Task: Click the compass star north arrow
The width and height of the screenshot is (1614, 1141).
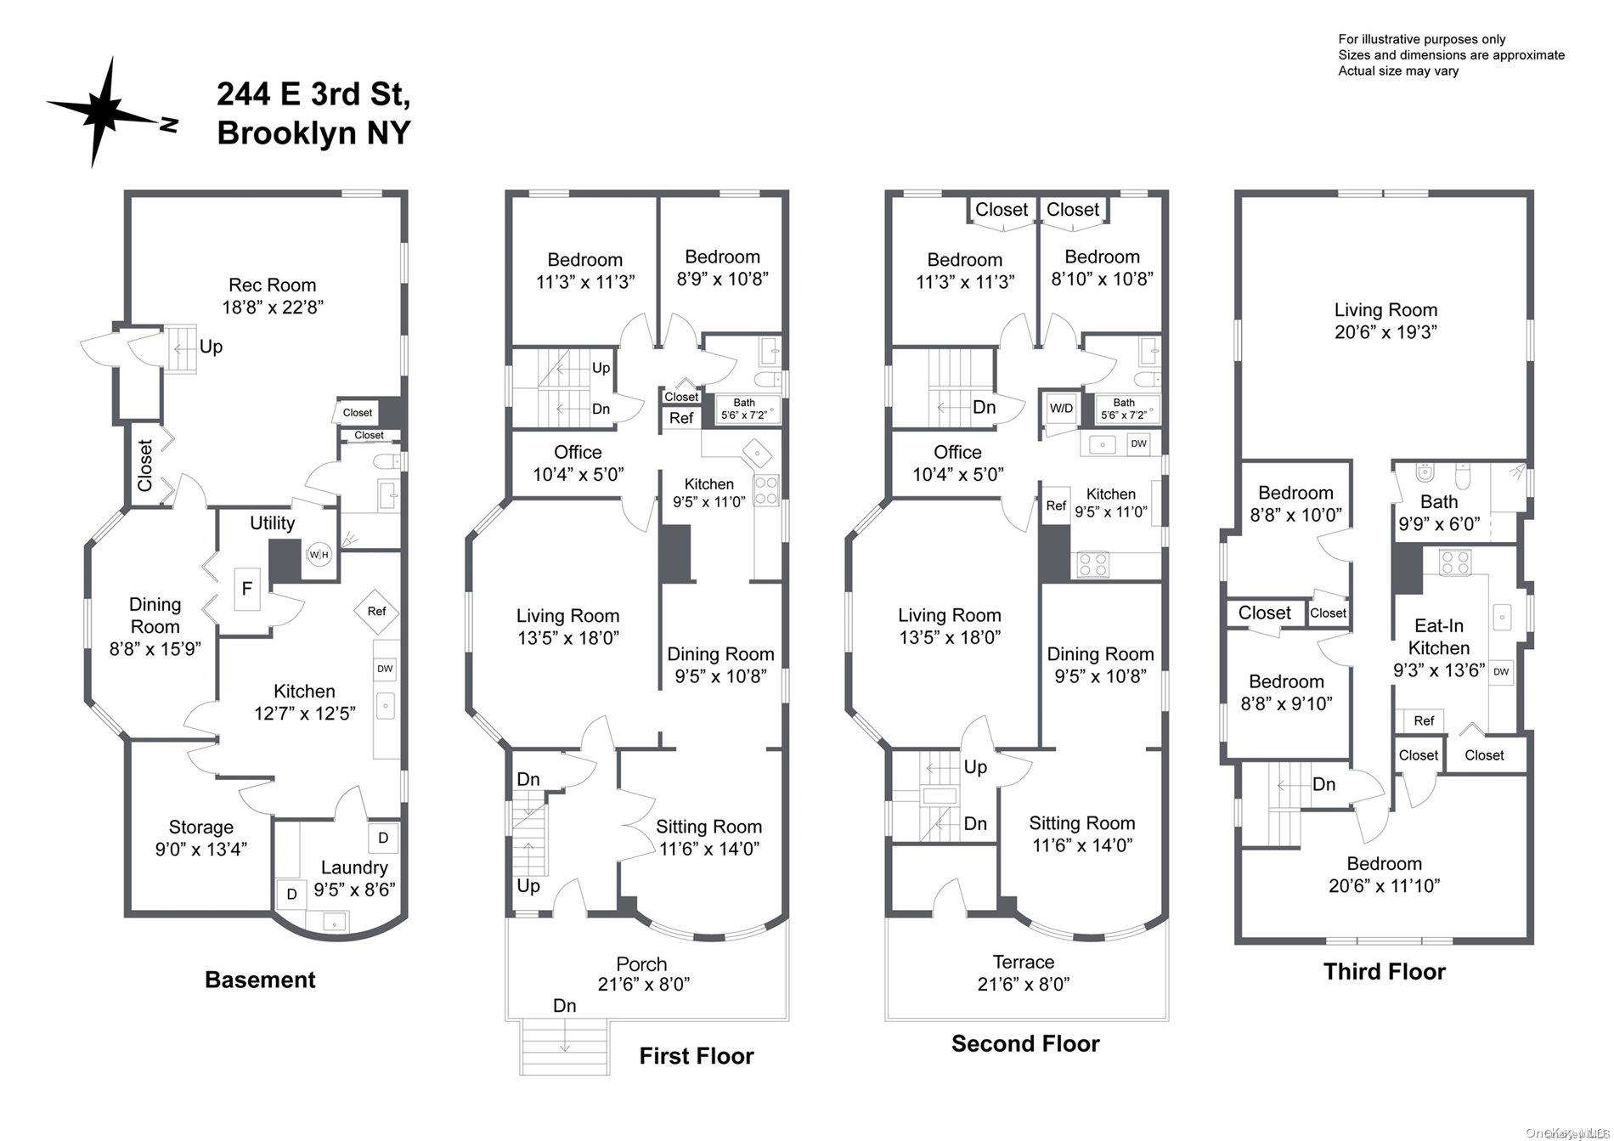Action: click(106, 110)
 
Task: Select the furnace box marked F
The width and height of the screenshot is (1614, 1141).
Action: click(247, 589)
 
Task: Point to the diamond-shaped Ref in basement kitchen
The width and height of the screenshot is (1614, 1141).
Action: click(376, 612)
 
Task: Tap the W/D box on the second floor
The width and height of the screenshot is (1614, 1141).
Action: click(1061, 409)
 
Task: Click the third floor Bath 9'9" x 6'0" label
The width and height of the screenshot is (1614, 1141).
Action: click(1439, 513)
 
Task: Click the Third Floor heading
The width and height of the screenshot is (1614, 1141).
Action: click(1385, 972)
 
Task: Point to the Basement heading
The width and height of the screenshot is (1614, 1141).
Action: click(260, 980)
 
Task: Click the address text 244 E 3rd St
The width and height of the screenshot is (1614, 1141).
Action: click(313, 94)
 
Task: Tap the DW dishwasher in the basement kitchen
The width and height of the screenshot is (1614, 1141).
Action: click(386, 669)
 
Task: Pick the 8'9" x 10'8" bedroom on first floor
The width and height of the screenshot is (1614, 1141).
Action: click(723, 268)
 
